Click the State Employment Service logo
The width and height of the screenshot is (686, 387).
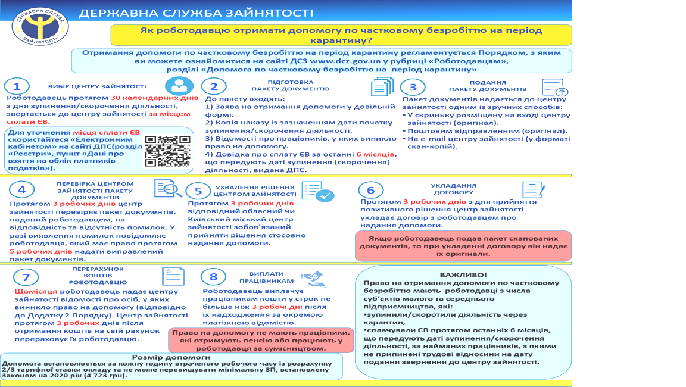[40, 24]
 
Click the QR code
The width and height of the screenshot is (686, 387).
[168, 151]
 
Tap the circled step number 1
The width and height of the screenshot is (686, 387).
[20, 86]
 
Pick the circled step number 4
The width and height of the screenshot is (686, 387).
[22, 190]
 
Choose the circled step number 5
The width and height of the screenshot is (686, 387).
[198, 191]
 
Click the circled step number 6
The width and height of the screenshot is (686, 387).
[371, 190]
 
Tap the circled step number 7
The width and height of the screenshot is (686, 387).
[26, 277]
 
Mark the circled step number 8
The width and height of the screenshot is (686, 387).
[214, 276]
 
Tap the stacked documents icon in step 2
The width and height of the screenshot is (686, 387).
[382, 87]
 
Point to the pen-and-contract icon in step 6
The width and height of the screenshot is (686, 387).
[533, 190]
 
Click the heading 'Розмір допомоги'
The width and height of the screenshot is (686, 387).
[162, 357]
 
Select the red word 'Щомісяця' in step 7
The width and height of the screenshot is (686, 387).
[36, 291]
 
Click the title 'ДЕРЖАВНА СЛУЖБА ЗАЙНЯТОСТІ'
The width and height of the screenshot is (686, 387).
[197, 13]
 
